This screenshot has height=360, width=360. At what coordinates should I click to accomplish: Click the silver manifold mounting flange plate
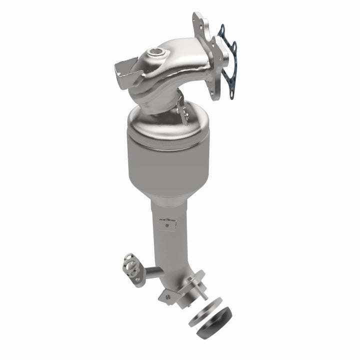click(x=206, y=55)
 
